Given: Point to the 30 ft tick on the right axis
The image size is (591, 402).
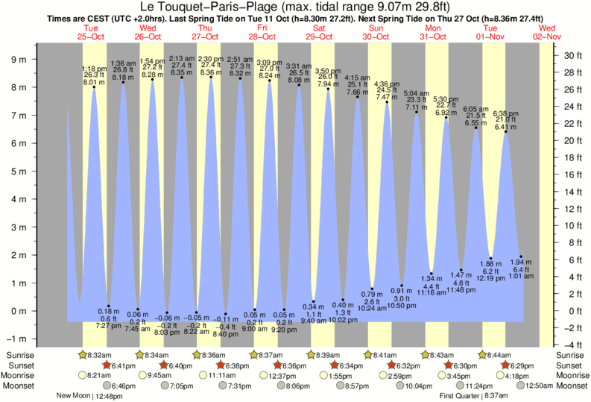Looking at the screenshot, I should [x=570, y=55].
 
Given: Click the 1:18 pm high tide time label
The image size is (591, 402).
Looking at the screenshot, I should [x=93, y=68].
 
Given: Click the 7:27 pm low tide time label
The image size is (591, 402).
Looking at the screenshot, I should [x=109, y=326].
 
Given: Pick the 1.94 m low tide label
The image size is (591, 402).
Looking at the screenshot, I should [x=521, y=263].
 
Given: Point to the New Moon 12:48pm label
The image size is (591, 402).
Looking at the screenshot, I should [x=89, y=396].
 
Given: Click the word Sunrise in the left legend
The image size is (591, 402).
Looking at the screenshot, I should [x=19, y=354].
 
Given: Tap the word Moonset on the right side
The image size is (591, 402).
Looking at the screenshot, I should [x=571, y=386].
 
